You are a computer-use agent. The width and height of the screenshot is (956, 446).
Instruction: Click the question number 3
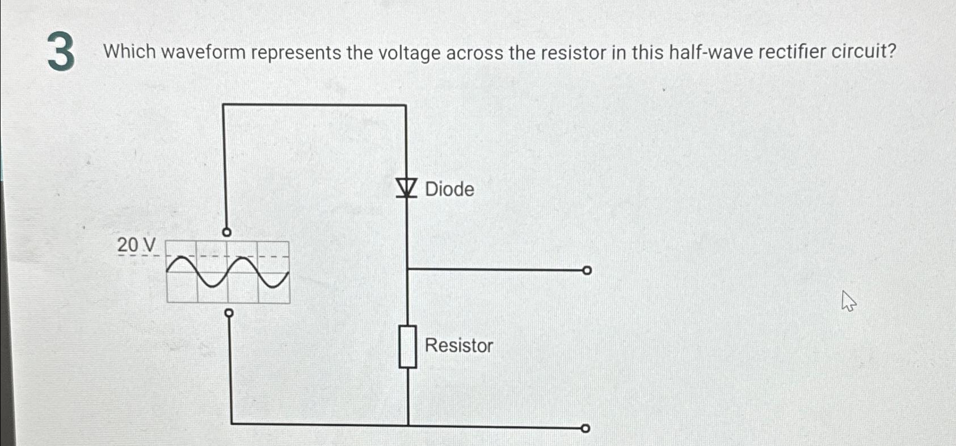tap(61, 52)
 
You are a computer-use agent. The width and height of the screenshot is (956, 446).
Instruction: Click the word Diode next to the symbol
tap(449, 189)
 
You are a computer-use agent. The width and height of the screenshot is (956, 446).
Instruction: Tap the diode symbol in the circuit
tap(406, 187)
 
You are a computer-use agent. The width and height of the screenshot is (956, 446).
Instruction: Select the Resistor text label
tap(459, 345)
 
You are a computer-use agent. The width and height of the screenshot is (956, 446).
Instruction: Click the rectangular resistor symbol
tap(408, 347)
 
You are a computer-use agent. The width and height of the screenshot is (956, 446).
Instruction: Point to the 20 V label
tap(136, 245)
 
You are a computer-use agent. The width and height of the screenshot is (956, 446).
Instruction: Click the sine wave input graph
tap(228, 272)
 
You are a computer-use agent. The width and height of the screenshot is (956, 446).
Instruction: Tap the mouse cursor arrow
tap(848, 301)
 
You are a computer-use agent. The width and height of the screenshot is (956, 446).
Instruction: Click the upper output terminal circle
tap(587, 270)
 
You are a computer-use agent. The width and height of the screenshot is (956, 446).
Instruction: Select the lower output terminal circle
tap(586, 428)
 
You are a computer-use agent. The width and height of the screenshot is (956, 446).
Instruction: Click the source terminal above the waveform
tap(226, 232)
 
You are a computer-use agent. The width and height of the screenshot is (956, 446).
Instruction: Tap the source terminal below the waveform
tap(229, 313)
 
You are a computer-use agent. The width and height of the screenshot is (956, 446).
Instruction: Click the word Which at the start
tap(129, 52)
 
